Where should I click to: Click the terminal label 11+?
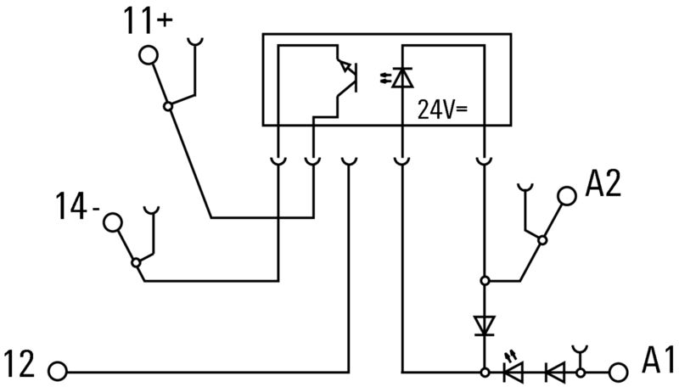[x=148, y=20]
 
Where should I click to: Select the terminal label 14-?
[x=77, y=206]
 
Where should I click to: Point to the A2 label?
[x=603, y=183]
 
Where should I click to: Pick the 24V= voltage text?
[x=442, y=109]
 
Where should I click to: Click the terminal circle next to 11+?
[x=149, y=55]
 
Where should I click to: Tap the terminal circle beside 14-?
[x=113, y=222]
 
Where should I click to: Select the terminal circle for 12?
[x=58, y=372]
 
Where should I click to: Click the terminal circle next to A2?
[x=567, y=196]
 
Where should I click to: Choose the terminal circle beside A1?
[x=619, y=372]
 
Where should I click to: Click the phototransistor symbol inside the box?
[x=347, y=77]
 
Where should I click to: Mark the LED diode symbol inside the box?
[x=397, y=78]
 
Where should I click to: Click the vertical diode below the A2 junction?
[x=485, y=326]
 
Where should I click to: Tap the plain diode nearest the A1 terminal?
[x=555, y=372]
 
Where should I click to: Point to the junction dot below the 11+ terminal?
[x=168, y=106]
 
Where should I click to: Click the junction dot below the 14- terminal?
[x=136, y=263]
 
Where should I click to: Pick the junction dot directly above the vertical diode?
[x=485, y=281]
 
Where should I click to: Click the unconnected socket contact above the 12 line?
[x=349, y=162]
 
